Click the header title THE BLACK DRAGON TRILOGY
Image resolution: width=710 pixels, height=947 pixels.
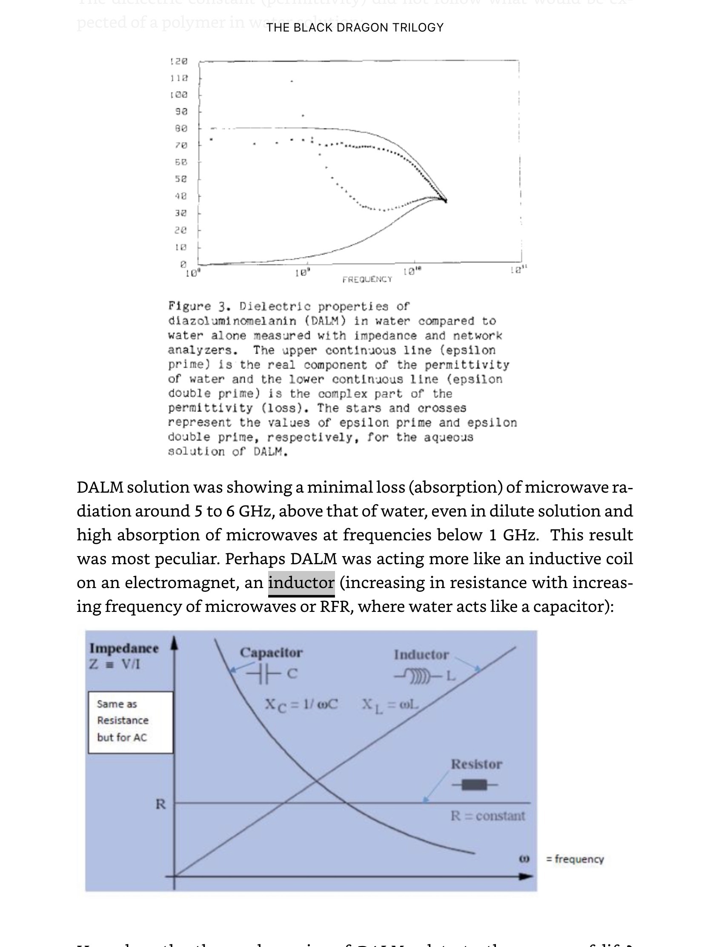pyautogui.click(x=355, y=27)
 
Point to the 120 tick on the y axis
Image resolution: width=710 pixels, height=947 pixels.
pyautogui.click(x=179, y=61)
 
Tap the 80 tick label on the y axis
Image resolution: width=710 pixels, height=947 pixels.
pyautogui.click(x=180, y=128)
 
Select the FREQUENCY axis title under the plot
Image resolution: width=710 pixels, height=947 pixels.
pyautogui.click(x=367, y=279)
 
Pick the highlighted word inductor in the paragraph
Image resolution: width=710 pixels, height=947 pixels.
pyautogui.click(x=301, y=583)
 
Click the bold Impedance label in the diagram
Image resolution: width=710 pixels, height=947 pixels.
pyautogui.click(x=124, y=648)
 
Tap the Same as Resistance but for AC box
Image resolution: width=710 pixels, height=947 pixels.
pyautogui.click(x=131, y=722)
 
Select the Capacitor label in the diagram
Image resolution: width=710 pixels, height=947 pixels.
pyautogui.click(x=271, y=652)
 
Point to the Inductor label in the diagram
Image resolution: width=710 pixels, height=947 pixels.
pyautogui.click(x=421, y=654)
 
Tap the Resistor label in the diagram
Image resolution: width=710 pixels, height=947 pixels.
pyautogui.click(x=476, y=764)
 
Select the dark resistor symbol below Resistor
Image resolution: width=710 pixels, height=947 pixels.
pyautogui.click(x=475, y=785)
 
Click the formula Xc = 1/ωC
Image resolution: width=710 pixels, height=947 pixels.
pyautogui.click(x=301, y=704)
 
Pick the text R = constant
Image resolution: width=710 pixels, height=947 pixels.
pyautogui.click(x=487, y=815)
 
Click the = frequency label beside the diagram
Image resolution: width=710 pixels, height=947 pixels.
pyautogui.click(x=575, y=859)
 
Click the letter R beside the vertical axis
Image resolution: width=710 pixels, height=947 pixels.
pyautogui.click(x=160, y=804)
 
